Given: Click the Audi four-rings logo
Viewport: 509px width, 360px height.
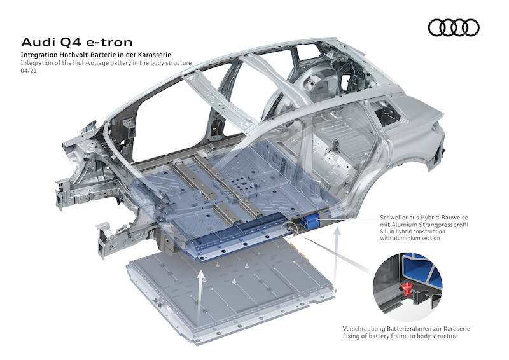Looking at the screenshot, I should [x=453, y=27].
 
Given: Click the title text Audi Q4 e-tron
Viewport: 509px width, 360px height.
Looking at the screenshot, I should [x=77, y=43].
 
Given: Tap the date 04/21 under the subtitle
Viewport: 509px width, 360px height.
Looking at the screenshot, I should [x=29, y=73].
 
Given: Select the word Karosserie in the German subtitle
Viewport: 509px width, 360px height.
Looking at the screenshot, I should [x=153, y=56].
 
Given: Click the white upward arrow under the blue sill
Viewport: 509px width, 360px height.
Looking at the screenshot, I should [x=337, y=251].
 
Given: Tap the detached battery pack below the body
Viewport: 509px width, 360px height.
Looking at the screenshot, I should [x=229, y=286].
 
